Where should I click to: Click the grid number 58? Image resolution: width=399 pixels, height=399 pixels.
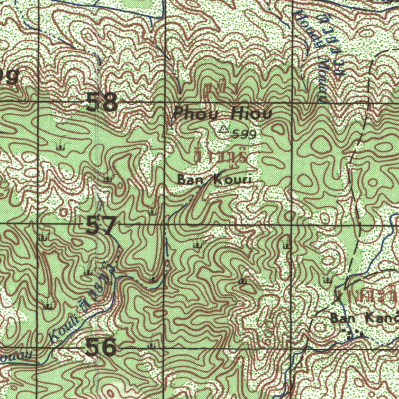coord(101,103)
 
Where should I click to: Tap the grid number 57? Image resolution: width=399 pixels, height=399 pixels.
coord(101,225)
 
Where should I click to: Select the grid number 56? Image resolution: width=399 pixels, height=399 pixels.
coord(101,347)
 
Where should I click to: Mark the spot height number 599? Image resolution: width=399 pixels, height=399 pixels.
coord(244,134)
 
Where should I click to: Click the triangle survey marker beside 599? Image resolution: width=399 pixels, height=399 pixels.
coord(223,129)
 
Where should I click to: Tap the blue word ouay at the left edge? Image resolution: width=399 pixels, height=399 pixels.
coord(16,356)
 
